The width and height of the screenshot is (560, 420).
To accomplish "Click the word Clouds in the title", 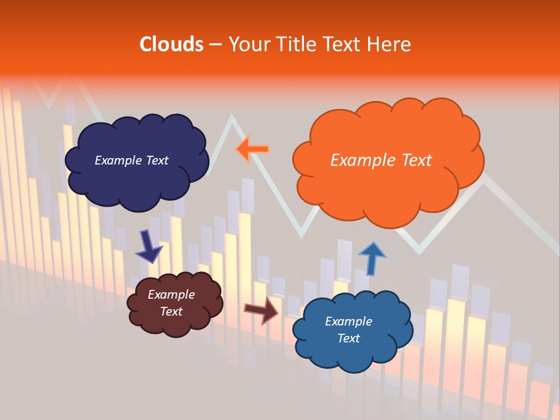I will pyautogui.click(x=171, y=44).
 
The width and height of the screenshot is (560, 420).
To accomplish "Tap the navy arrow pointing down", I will pyautogui.click(x=149, y=247).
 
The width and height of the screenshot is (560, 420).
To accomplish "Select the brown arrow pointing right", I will pyautogui.click(x=261, y=310).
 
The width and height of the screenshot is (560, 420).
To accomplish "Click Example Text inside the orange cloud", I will pyautogui.click(x=381, y=160).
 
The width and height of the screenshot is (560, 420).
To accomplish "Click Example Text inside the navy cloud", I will pyautogui.click(x=131, y=160).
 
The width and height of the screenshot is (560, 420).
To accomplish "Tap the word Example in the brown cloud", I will pyautogui.click(x=171, y=295).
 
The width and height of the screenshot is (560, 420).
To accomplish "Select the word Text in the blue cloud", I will pyautogui.click(x=348, y=338).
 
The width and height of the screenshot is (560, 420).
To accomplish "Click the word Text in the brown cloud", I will pyautogui.click(x=171, y=311).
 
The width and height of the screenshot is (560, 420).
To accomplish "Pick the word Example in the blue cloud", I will pyautogui.click(x=348, y=321).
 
